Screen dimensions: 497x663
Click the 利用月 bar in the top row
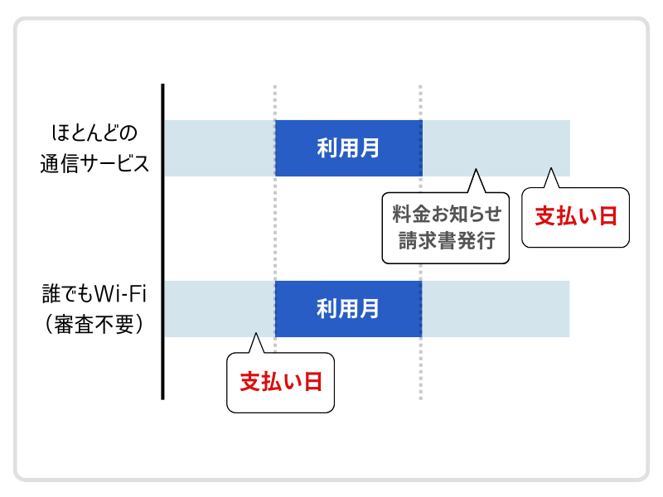point(348,148)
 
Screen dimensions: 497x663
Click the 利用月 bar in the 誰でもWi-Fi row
point(348,309)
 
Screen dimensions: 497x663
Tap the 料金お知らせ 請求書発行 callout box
point(446,228)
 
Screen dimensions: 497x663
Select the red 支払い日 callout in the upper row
point(576,217)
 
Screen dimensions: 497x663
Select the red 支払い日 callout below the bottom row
point(281,382)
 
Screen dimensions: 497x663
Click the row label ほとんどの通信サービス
point(94,147)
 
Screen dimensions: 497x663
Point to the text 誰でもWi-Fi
point(94,295)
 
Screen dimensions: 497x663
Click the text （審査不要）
point(94,323)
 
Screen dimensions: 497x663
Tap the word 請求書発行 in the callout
point(446,241)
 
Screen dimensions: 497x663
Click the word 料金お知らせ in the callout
point(446,215)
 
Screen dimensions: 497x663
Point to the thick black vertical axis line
point(162,240)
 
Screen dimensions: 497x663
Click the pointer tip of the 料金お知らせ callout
point(476,171)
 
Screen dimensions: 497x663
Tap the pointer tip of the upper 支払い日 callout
point(550,171)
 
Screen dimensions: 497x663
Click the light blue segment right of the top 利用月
point(496,148)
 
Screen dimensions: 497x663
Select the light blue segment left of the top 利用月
point(219,148)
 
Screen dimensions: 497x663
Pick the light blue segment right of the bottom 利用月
point(496,309)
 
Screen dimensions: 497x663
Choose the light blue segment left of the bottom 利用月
point(219,309)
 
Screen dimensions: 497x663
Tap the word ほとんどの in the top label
point(94,133)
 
